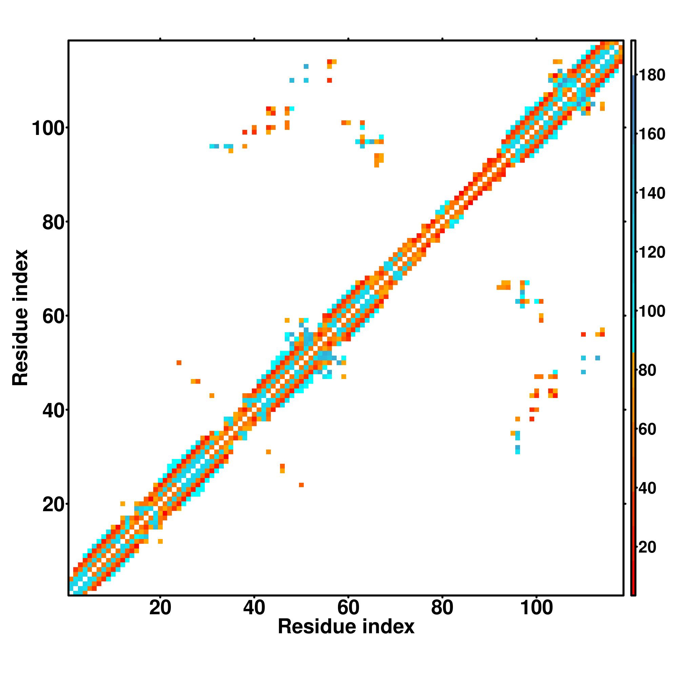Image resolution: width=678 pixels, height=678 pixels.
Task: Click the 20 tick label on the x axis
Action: coord(160,608)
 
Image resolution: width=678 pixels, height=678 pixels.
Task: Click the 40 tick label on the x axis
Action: coord(254,608)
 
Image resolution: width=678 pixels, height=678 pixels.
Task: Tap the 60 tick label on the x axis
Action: coord(348,608)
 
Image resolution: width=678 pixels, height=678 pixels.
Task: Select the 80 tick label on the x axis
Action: coord(442,608)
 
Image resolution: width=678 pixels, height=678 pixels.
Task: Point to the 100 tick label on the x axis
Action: coord(536,608)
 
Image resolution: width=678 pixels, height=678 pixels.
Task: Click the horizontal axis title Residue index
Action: coord(346,627)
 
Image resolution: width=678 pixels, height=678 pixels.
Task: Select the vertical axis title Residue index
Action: coord(20,318)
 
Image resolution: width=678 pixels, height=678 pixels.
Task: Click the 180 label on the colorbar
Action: coord(652,75)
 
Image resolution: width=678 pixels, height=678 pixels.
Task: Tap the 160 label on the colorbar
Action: coord(652,134)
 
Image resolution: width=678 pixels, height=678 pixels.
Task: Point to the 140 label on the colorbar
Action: coord(652,193)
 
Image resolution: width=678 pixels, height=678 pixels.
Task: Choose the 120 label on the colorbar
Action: coord(652,252)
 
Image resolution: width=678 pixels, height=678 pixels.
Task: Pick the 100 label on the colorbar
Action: coord(652,311)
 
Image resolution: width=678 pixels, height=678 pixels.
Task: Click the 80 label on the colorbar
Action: coord(647,370)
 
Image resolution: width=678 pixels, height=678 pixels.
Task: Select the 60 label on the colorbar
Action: coord(647,429)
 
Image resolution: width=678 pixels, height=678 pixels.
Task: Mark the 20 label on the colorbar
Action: coord(647,547)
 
